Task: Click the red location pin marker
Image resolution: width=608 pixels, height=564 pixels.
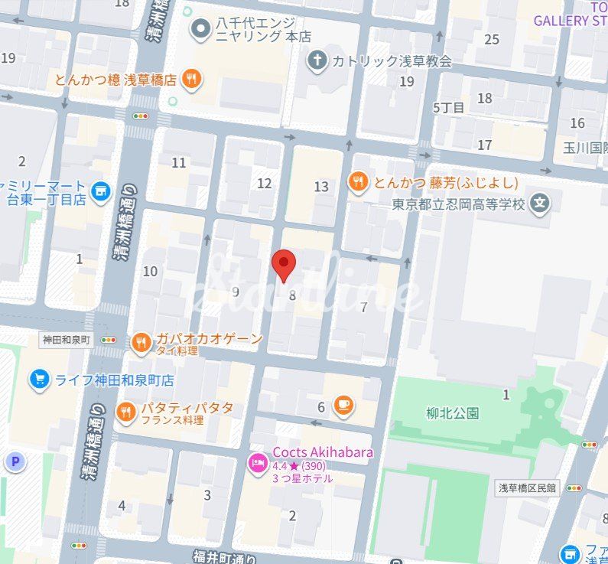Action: point(284,265)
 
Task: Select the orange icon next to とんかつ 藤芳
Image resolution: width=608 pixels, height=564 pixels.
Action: point(357,182)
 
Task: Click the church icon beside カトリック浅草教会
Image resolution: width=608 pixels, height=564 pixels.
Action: point(317,60)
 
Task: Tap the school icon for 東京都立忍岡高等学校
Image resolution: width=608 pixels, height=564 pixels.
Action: point(541,204)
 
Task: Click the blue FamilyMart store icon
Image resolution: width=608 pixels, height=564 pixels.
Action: point(100,192)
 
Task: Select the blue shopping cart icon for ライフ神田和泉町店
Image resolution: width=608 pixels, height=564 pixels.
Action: point(39,379)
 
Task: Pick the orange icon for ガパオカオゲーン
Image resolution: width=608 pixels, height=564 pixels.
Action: point(141,344)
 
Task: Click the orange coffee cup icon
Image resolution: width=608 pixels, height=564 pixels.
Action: point(343,405)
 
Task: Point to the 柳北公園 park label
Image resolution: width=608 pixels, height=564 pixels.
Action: point(452,413)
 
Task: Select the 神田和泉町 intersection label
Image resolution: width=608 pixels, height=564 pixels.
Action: point(66,338)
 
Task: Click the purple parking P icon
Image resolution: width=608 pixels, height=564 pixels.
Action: point(14,461)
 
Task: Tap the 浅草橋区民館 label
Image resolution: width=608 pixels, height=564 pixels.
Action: point(528,487)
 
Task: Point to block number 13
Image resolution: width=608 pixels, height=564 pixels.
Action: point(321,186)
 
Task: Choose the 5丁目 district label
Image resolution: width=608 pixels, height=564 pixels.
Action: point(448,107)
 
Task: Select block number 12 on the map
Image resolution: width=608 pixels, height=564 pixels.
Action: point(265,183)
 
